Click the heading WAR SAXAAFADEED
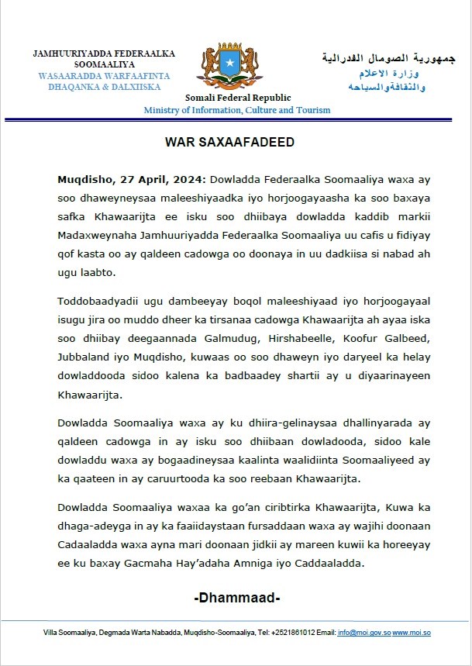coord(236,144)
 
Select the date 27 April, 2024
coord(142,178)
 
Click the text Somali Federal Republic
coord(238,98)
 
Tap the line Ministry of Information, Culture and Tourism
coord(237,110)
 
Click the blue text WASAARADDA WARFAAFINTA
coord(103,76)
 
